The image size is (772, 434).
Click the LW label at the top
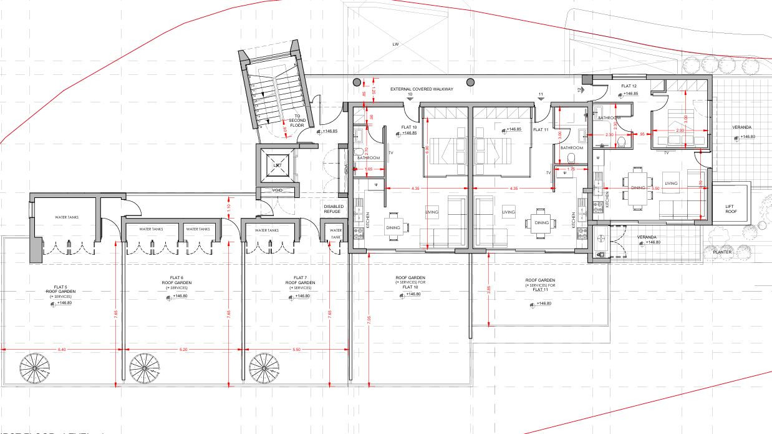click(395, 45)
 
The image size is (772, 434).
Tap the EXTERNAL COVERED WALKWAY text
click(422, 89)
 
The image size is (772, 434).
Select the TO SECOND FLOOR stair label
click(297, 121)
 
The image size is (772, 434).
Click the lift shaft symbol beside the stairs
click(277, 164)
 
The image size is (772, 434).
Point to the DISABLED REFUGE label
click(333, 209)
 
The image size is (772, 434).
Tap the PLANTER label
click(722, 252)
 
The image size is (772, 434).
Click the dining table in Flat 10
click(393, 228)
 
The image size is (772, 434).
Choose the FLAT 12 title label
click(629, 86)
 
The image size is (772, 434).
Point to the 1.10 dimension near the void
click(229, 207)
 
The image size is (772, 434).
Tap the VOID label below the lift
click(277, 190)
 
